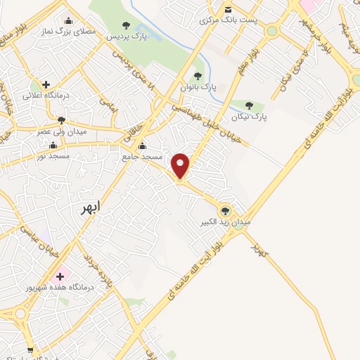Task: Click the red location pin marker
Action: coord(181,165)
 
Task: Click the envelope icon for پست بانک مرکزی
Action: coord(228,9)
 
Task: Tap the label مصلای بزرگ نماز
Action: coord(67,32)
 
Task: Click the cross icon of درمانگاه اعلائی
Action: coord(46,84)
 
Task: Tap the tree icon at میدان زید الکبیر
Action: coord(225,210)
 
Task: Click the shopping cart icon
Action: coord(30,349)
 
